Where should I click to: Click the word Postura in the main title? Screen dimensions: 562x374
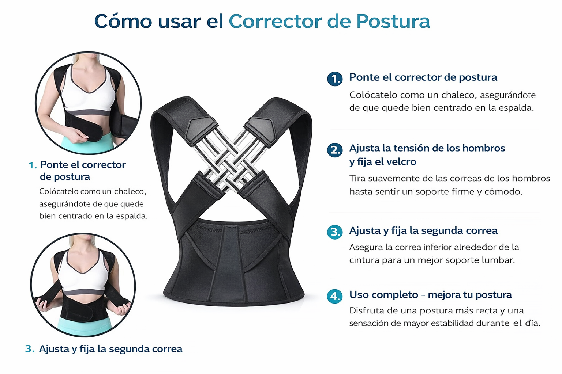(x=393, y=21)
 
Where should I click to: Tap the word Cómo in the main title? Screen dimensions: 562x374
(x=123, y=21)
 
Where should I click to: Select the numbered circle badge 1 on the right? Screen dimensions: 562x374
(x=335, y=79)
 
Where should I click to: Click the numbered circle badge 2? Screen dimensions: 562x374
(x=335, y=150)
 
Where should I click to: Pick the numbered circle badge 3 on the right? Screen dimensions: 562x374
(x=335, y=232)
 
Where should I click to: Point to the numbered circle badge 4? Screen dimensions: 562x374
(x=335, y=296)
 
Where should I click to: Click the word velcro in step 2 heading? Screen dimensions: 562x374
(x=401, y=161)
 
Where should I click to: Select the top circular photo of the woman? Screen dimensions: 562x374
(x=88, y=103)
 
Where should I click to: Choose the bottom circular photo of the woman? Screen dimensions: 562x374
(x=83, y=285)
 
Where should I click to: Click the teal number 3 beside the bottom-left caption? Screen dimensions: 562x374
(x=30, y=349)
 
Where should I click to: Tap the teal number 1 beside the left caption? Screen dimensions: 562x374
(x=33, y=165)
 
